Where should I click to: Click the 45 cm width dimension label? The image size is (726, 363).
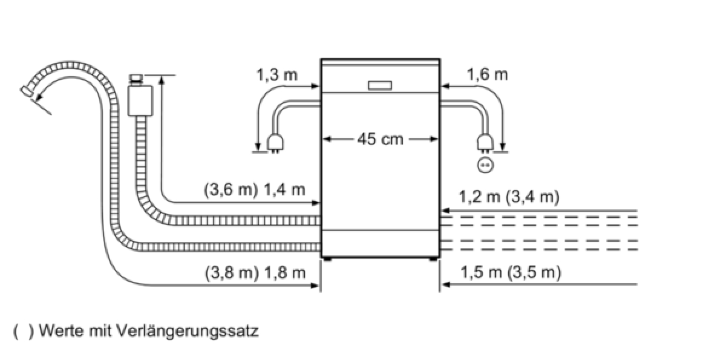(x=380, y=139)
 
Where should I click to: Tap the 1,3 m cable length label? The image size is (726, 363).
(x=277, y=75)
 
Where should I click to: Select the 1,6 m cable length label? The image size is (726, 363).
(x=487, y=75)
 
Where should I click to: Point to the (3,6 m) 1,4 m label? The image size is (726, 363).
(x=255, y=189)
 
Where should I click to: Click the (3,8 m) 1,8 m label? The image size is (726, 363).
(x=255, y=273)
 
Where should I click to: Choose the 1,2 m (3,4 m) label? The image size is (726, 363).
(x=509, y=197)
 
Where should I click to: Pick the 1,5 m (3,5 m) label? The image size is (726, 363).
(x=511, y=272)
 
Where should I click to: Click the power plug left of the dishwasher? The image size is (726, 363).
(x=275, y=143)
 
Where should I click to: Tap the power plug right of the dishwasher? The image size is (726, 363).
(x=485, y=143)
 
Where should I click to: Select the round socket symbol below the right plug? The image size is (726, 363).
(x=485, y=165)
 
